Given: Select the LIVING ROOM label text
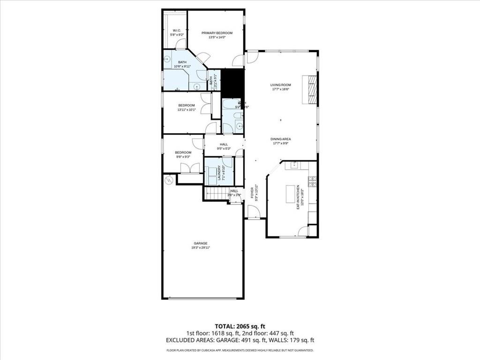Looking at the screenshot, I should click(280, 85).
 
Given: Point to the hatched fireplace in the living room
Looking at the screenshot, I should click(311, 90).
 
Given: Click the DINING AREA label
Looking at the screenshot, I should click(280, 139).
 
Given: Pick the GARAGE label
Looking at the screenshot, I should click(201, 243).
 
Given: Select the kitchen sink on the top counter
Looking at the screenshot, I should click(295, 165).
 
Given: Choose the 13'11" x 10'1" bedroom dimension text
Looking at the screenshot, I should click(186, 110).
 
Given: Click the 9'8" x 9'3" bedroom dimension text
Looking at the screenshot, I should click(183, 157).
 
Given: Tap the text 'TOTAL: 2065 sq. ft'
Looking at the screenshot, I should click(240, 326).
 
